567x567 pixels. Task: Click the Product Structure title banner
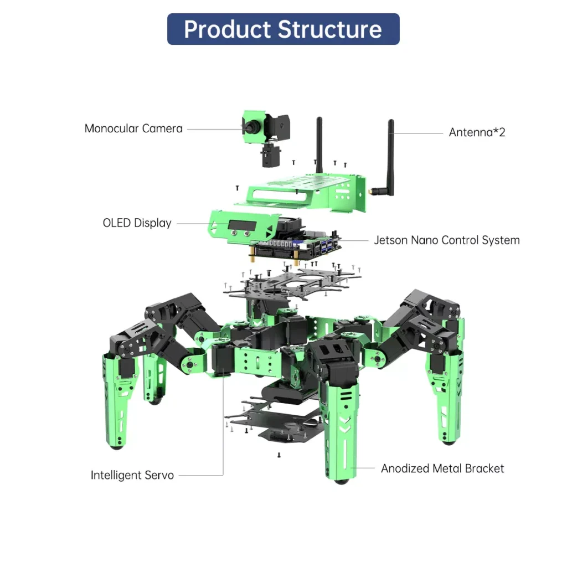click(x=283, y=29)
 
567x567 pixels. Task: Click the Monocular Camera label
click(x=133, y=128)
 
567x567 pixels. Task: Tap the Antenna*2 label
click(x=477, y=132)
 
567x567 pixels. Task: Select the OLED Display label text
click(x=137, y=223)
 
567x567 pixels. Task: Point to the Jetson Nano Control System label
click(x=446, y=240)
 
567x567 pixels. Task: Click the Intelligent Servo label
click(x=132, y=475)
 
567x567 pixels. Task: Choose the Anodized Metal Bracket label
click(x=442, y=468)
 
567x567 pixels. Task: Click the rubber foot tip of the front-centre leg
click(x=340, y=480)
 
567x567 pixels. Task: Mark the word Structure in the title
click(x=330, y=29)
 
